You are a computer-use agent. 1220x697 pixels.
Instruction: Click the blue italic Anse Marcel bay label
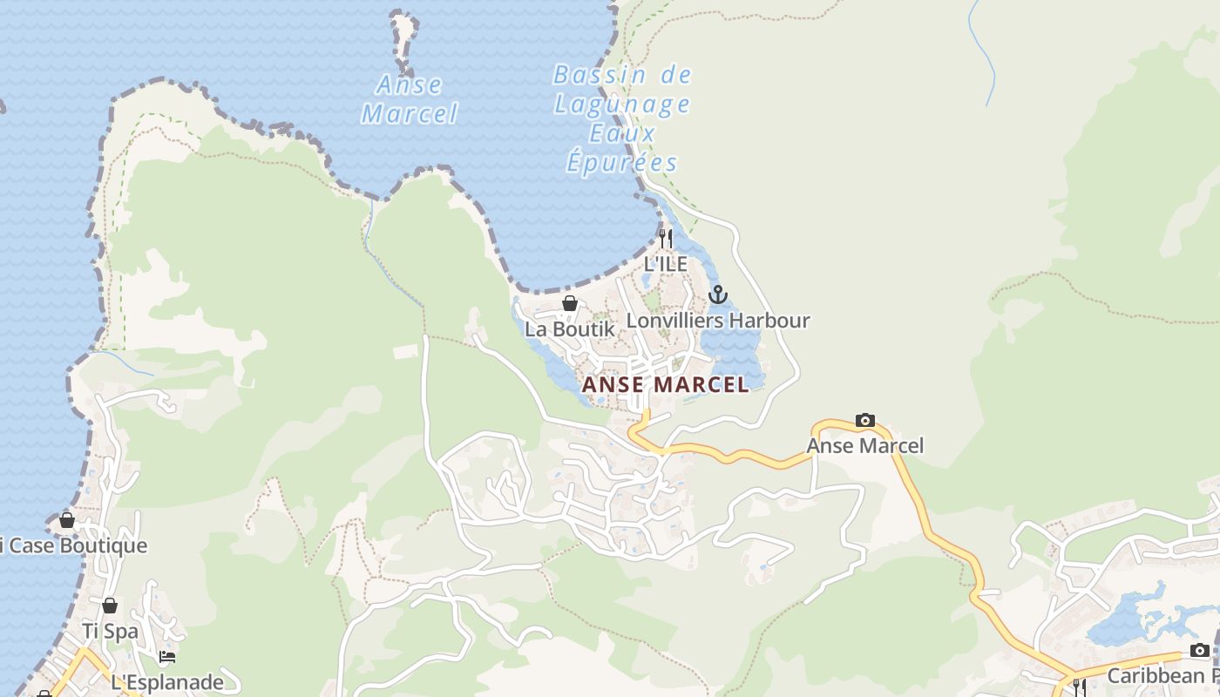coord(410,98)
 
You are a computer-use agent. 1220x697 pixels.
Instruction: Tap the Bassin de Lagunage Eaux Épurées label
coord(622,118)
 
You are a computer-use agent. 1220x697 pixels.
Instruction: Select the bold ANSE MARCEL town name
coord(665,384)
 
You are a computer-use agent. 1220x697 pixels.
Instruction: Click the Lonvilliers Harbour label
coord(718,321)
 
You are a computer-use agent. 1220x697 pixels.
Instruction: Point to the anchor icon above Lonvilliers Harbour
coord(717,294)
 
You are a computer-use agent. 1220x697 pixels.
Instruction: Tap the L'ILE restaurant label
coord(666,263)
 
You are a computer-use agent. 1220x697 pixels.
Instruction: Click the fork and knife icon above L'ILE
coord(666,238)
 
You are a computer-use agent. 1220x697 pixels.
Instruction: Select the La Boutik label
coord(569,329)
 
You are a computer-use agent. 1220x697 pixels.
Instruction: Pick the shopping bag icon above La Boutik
coord(569,303)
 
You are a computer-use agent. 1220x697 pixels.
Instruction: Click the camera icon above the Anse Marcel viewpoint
coord(864,420)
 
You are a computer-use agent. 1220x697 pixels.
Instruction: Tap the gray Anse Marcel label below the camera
coord(864,446)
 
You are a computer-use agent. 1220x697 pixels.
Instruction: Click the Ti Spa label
coord(110,631)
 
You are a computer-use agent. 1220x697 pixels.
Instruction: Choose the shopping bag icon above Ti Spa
coord(110,606)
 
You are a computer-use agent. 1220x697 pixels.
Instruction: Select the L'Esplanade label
coord(167,682)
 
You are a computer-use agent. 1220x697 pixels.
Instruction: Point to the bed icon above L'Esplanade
coord(167,656)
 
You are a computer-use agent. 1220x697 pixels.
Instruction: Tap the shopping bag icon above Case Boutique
coord(67,520)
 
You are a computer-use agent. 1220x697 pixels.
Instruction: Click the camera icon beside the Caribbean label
coord(1199,651)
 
